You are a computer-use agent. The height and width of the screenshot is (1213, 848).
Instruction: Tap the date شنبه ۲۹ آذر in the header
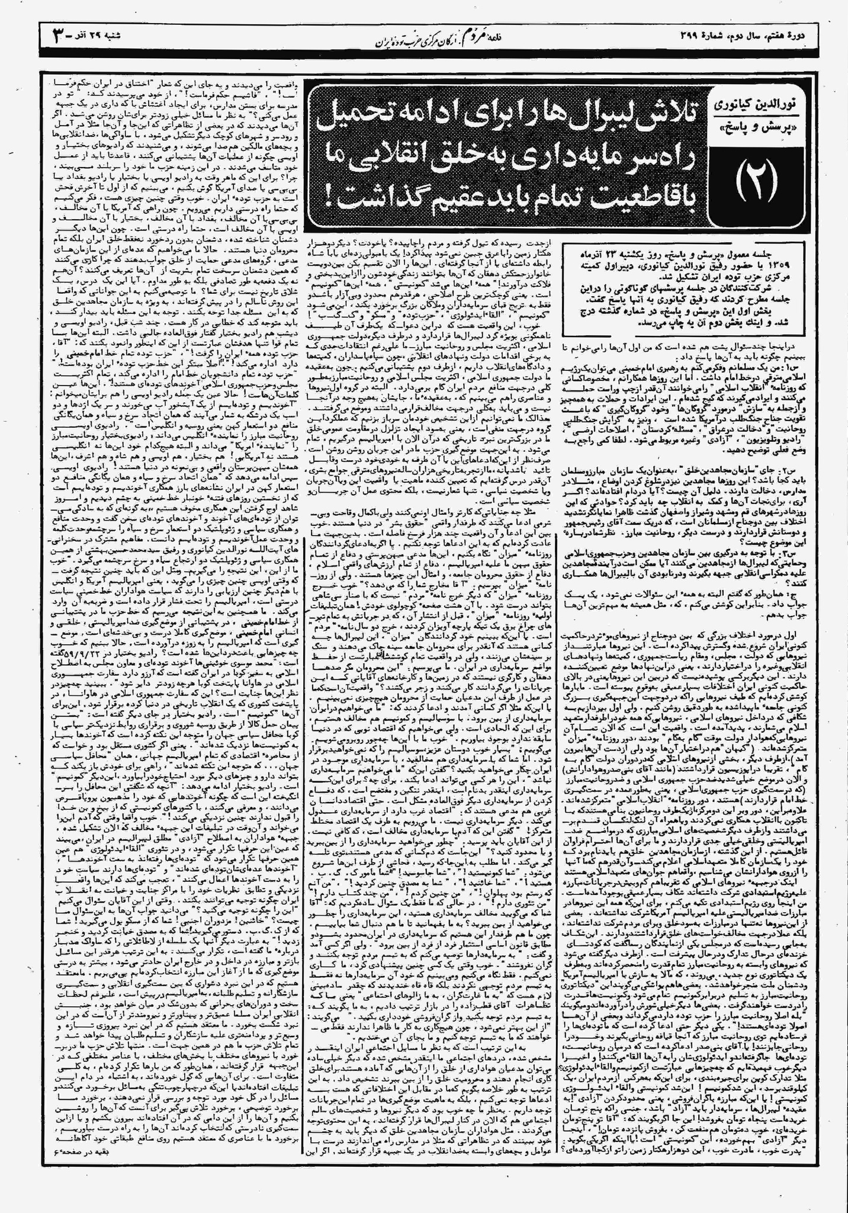(101, 36)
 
